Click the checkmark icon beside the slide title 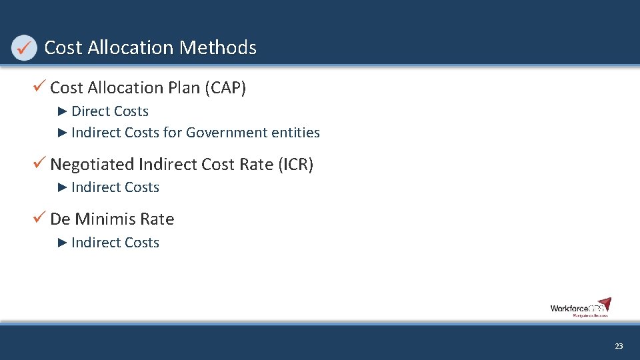click(24, 47)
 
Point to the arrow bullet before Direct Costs click(63, 111)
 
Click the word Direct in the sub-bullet click(90, 111)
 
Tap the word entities click(296, 133)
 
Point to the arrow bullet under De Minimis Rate click(63, 242)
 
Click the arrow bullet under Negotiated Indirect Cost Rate click(63, 187)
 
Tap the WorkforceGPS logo click(580, 307)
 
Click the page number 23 click(619, 346)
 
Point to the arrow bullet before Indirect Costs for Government click(63, 132)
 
